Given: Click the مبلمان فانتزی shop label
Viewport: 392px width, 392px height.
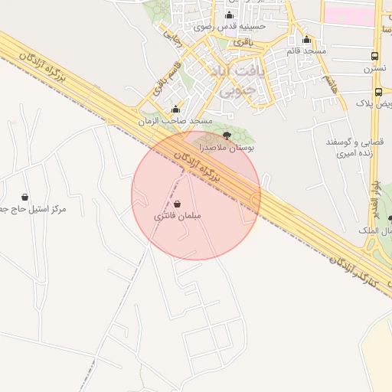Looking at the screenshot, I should (178, 217).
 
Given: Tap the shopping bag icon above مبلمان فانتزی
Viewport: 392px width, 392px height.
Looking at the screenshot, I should (178, 204).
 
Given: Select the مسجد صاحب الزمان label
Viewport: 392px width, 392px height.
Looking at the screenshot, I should (175, 122).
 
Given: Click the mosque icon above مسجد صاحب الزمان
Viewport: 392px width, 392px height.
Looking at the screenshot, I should (176, 109).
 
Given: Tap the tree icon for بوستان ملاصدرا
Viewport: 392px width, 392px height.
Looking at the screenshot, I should (226, 134).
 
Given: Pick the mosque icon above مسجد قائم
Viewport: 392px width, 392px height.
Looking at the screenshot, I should (307, 40).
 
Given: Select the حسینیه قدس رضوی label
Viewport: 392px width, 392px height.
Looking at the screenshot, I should (229, 27).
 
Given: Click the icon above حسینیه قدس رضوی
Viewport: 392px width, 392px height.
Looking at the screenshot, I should (229, 15).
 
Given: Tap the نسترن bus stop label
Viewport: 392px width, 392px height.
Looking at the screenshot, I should (374, 69).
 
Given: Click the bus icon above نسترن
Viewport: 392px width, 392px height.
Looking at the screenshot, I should (374, 57).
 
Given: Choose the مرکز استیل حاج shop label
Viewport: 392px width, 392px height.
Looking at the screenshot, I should (35, 209).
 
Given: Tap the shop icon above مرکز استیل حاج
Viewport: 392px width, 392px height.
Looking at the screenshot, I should (25, 198).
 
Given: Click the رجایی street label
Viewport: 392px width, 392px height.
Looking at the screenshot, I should (171, 31).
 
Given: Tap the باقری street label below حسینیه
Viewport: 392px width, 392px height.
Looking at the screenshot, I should (242, 41).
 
